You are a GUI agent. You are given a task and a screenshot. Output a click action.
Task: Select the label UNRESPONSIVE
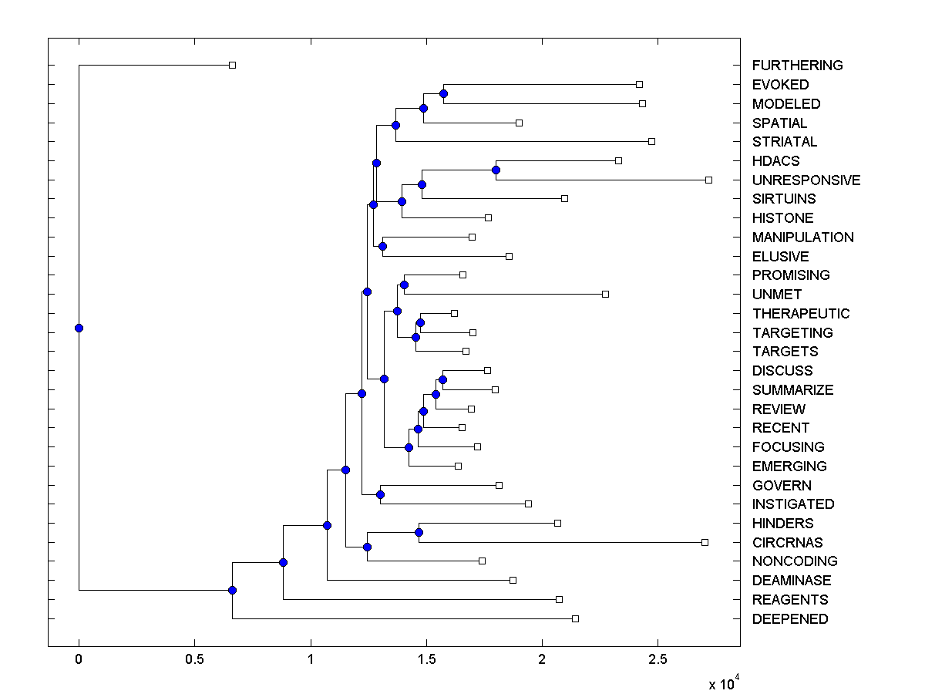[806, 180]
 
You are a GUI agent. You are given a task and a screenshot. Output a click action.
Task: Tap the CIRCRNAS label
[787, 543]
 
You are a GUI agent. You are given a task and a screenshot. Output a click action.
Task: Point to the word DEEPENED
[790, 619]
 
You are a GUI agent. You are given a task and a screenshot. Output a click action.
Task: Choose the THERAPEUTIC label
[801, 314]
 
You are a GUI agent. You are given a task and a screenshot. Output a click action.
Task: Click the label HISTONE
[782, 218]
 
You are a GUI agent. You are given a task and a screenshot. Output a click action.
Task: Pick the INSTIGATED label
[793, 504]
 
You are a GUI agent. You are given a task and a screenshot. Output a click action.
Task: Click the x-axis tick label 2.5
[658, 660]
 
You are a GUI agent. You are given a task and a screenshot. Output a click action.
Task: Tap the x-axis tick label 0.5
[194, 660]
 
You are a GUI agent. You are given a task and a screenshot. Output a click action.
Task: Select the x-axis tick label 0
[79, 660]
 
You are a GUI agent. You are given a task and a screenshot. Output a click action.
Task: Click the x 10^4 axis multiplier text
[722, 683]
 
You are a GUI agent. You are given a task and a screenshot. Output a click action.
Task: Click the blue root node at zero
[79, 328]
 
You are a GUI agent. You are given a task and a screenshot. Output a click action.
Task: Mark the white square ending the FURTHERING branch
[232, 65]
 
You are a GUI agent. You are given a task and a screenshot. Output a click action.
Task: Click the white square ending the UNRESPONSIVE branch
[708, 180]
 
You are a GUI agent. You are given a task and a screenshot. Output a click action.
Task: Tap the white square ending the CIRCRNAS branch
[705, 542]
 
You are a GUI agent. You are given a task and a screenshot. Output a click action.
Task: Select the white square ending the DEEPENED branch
[575, 618]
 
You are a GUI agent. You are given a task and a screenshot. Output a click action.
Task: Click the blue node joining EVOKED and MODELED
[443, 93]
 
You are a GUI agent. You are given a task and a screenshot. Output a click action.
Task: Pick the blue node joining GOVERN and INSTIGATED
[380, 494]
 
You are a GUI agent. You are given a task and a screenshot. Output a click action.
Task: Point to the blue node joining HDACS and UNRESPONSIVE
[496, 170]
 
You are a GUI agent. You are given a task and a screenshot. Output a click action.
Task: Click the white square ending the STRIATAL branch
[651, 141]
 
